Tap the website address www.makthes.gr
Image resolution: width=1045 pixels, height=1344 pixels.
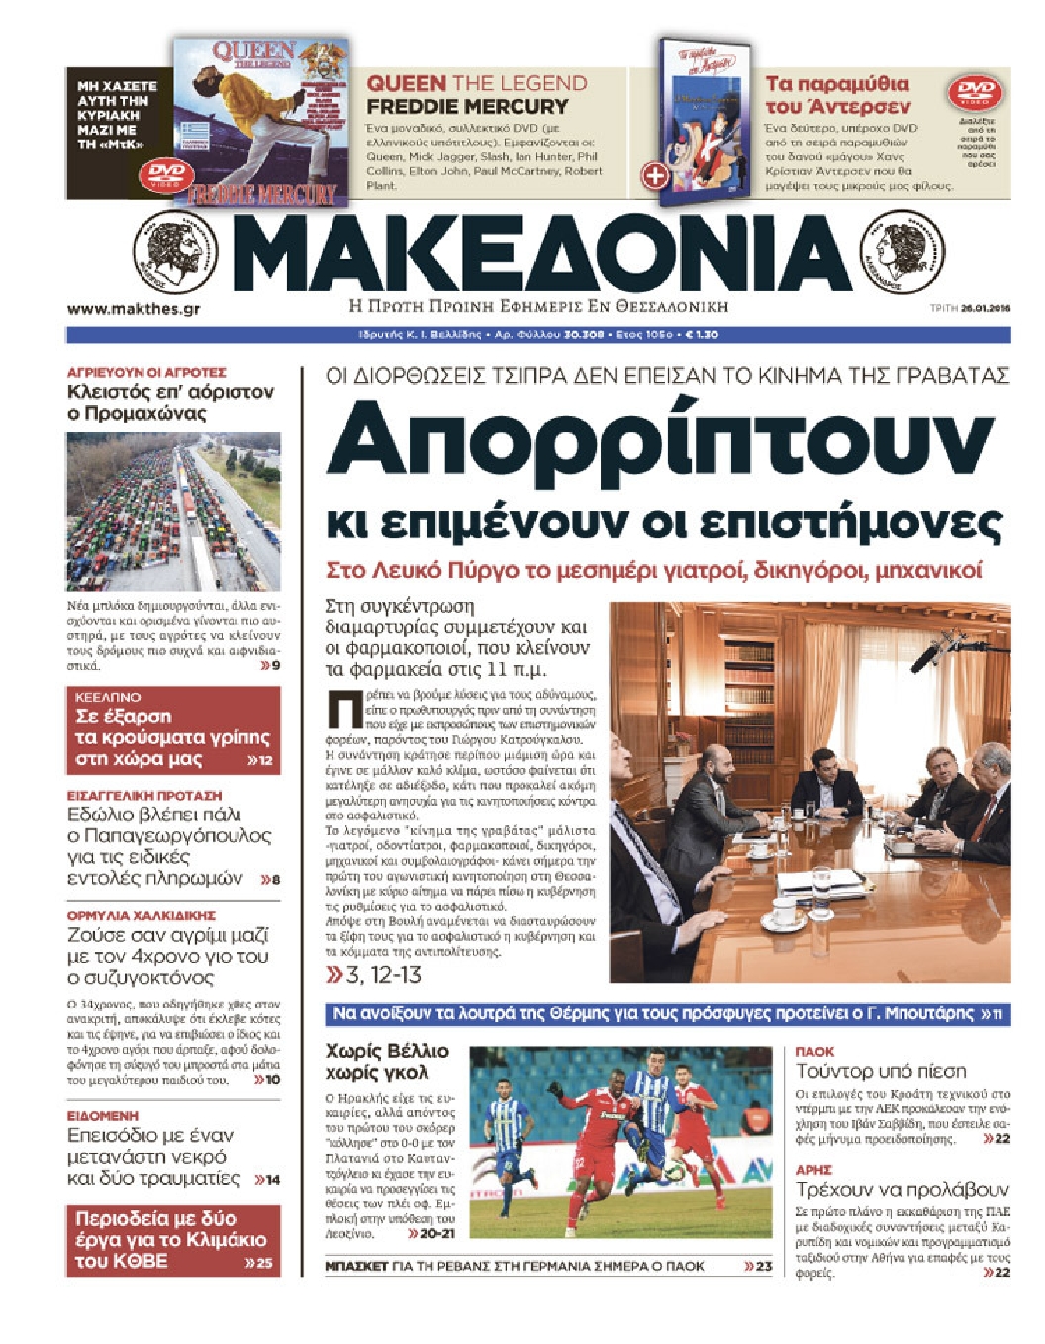(134, 309)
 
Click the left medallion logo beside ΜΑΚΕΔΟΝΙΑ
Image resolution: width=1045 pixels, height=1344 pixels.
(175, 250)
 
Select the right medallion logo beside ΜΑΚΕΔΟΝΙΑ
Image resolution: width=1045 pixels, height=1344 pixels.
(902, 250)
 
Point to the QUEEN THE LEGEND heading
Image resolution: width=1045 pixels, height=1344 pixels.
(477, 84)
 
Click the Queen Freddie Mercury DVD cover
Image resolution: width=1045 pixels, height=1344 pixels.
(260, 122)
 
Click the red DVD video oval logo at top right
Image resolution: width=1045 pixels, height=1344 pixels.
(974, 94)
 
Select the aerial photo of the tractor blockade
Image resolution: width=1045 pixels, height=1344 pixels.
(173, 512)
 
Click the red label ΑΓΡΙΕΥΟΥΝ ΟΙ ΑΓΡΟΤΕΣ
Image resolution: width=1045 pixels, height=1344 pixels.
(146, 373)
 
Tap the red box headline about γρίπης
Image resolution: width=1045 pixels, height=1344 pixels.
(173, 737)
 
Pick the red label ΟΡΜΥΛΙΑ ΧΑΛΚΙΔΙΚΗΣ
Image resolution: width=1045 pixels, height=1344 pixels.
(141, 915)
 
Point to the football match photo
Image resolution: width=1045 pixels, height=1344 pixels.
(619, 1142)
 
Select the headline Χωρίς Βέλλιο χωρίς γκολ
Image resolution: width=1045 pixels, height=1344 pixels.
(387, 1061)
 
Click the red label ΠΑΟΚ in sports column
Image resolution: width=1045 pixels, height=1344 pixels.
(814, 1052)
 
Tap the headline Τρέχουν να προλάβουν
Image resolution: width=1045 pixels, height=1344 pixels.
(902, 1189)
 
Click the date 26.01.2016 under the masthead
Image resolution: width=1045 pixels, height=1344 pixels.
(984, 309)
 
